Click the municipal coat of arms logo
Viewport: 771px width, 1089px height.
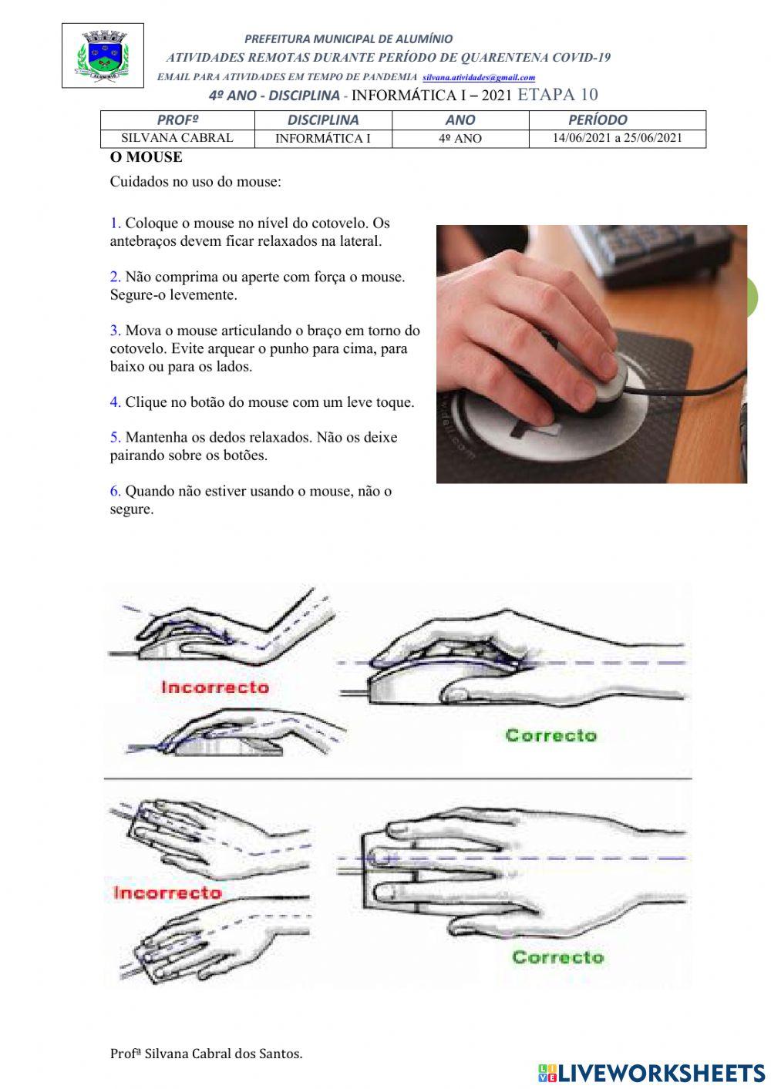(x=103, y=55)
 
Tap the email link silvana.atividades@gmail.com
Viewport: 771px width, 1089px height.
(x=479, y=78)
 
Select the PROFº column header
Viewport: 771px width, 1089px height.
(x=177, y=120)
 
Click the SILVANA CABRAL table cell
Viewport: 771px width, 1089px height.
(x=177, y=139)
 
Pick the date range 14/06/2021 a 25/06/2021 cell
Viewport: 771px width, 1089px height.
(x=617, y=139)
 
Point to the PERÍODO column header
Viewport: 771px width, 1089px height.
(x=598, y=120)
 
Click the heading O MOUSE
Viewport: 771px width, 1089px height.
(x=146, y=157)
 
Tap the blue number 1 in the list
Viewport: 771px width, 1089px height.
(x=115, y=224)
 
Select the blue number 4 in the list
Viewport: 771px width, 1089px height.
(x=115, y=402)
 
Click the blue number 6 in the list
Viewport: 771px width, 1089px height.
(x=115, y=491)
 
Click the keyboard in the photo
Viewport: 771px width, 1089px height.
(x=655, y=250)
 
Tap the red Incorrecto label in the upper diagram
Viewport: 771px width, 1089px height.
(x=214, y=687)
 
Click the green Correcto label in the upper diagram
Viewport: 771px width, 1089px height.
(x=550, y=735)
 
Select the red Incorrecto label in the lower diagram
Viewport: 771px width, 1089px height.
(x=167, y=893)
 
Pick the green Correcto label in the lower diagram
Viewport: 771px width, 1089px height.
(x=557, y=957)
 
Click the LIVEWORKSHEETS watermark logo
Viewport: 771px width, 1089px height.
(x=651, y=1073)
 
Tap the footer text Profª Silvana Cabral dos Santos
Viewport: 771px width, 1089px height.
(x=206, y=1054)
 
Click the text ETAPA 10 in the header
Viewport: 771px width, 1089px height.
(x=557, y=95)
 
